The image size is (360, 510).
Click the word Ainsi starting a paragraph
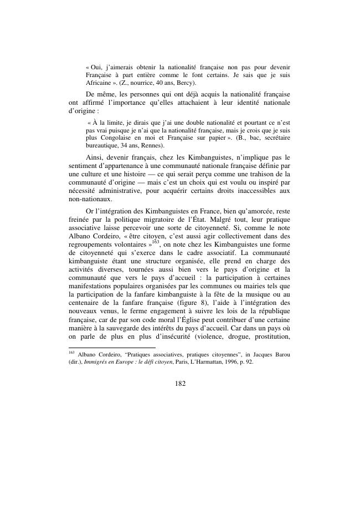[x=97, y=157]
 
